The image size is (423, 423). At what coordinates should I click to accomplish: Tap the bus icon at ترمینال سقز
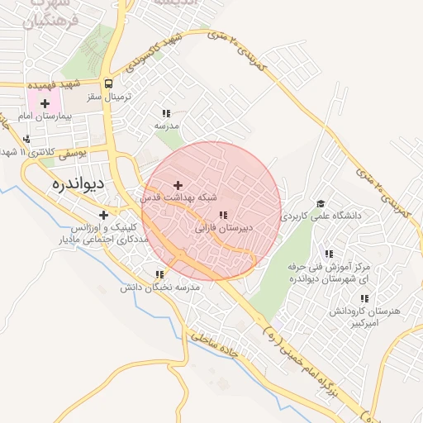tap(109, 84)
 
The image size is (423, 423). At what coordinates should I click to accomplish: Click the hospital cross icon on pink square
tap(45, 104)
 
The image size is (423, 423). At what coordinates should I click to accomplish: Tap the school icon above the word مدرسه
tap(166, 113)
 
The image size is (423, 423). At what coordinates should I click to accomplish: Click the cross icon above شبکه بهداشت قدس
tap(178, 185)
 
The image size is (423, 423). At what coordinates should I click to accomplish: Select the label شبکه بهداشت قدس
tap(178, 198)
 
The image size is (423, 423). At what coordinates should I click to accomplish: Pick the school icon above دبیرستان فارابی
tap(223, 215)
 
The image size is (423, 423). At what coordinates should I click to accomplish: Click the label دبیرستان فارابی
tap(223, 226)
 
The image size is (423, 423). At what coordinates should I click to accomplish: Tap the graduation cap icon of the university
tap(320, 203)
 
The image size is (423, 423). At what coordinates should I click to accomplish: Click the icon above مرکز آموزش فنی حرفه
tap(329, 254)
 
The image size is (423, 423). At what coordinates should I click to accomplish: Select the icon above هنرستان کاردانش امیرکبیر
tap(364, 299)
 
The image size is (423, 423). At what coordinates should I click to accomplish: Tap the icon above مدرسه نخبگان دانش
tap(159, 274)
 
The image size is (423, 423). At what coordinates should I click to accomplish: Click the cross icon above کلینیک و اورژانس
tap(103, 215)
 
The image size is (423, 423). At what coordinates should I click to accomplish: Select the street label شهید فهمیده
tap(53, 84)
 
